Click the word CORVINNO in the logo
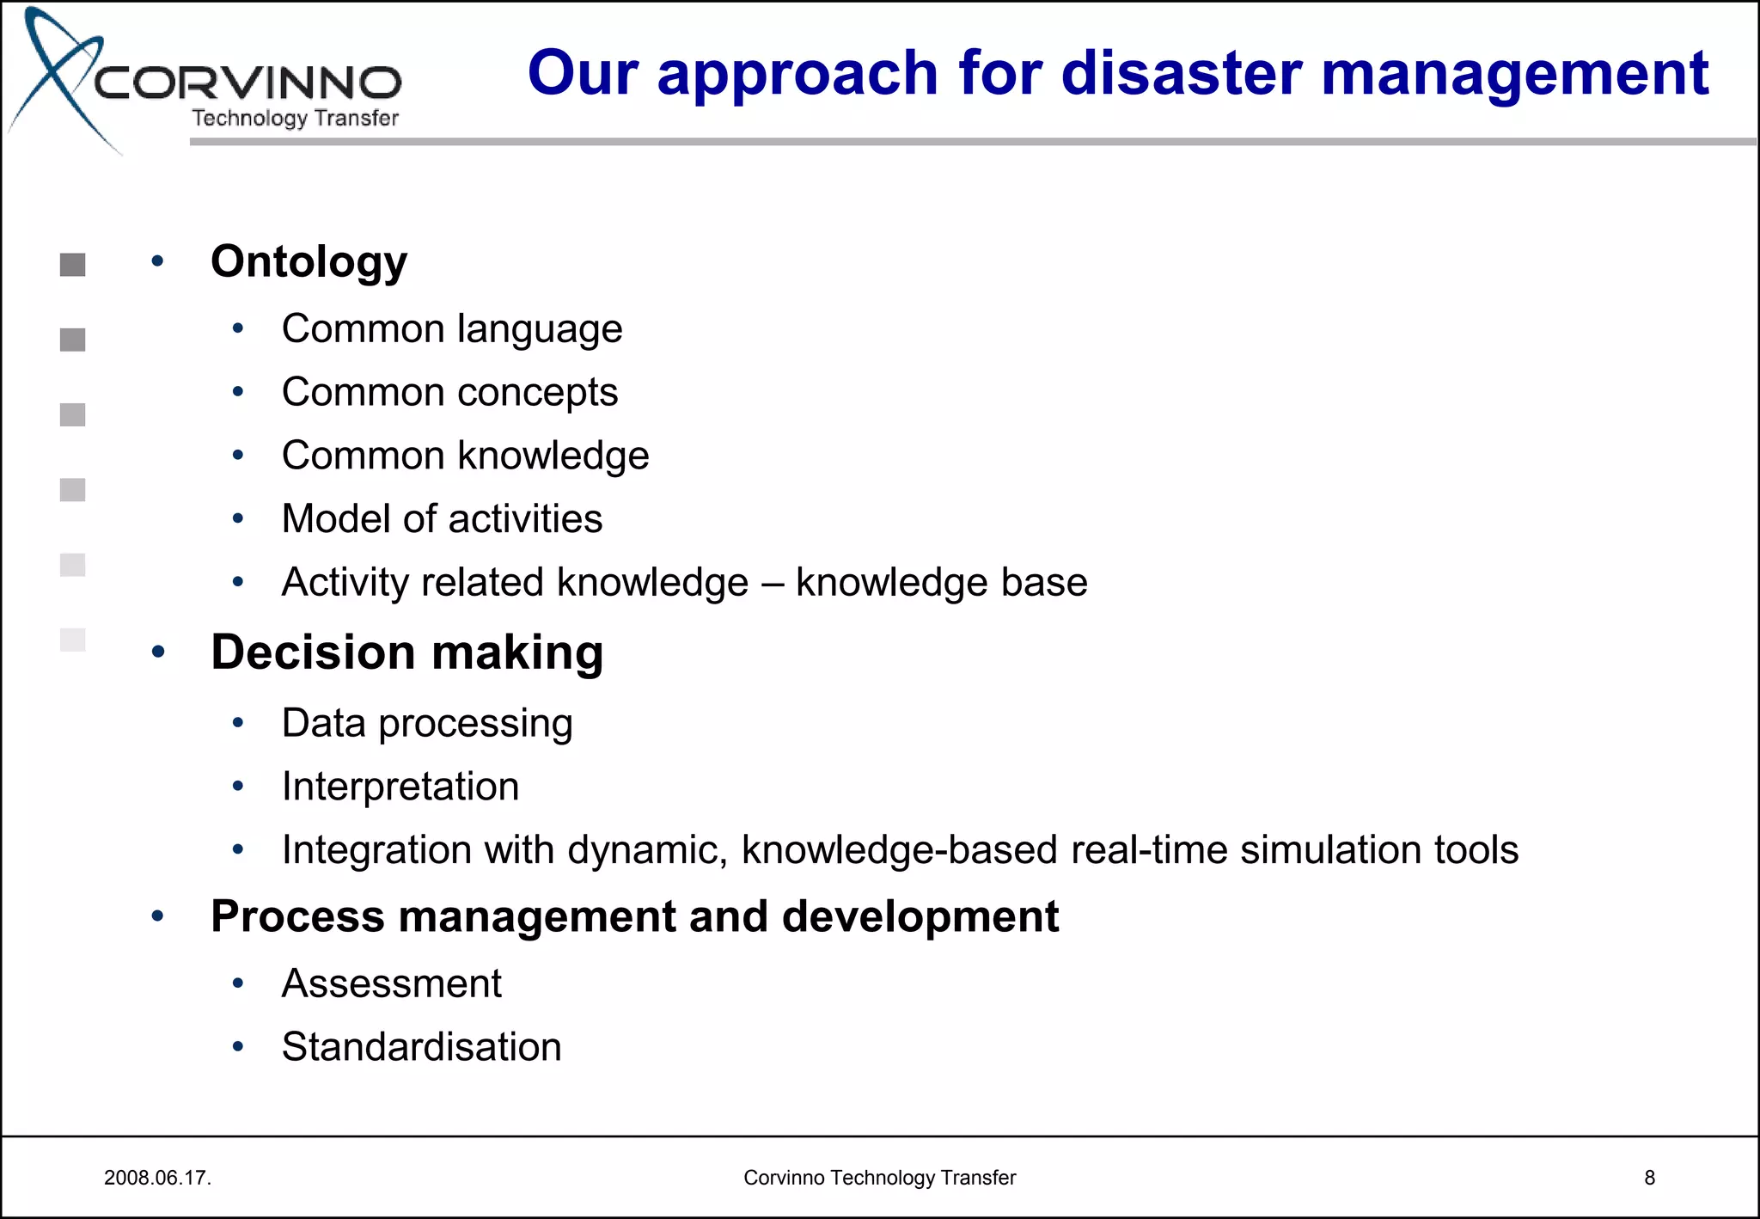(247, 83)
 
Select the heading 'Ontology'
(309, 261)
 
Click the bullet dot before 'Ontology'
(157, 260)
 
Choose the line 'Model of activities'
(442, 519)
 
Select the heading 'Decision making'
(406, 652)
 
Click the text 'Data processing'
(426, 724)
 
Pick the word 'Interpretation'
(400, 787)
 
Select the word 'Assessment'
(391, 983)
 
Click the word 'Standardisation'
(421, 1047)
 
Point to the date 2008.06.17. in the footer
(157, 1178)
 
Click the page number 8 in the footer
(1649, 1178)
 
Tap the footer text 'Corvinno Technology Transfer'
(879, 1178)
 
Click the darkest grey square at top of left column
(72, 265)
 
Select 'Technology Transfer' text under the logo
(295, 119)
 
